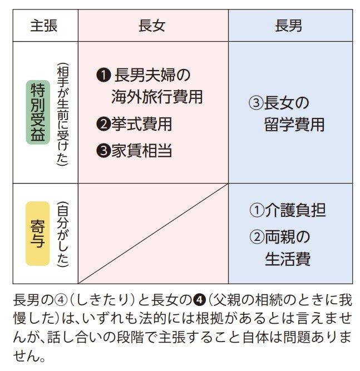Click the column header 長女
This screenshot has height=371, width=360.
(152, 26)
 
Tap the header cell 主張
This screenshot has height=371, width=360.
(44, 26)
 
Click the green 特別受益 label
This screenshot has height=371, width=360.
(38, 112)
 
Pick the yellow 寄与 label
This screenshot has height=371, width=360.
(38, 233)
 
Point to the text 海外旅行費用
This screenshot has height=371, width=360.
(157, 97)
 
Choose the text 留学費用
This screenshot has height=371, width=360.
(294, 125)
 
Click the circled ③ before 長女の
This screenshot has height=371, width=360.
(255, 103)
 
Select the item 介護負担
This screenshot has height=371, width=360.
(294, 210)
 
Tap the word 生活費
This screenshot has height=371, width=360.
(287, 259)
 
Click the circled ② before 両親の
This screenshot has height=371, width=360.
(255, 237)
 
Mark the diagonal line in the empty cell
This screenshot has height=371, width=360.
(153, 234)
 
